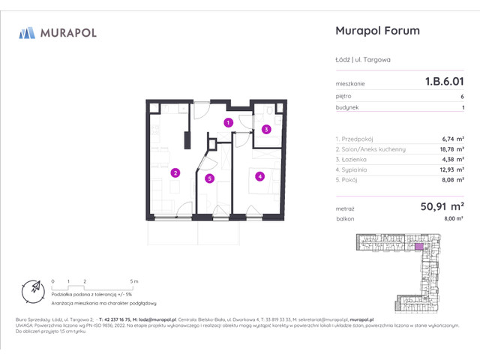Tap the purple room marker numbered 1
[x=228, y=122]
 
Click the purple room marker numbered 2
[x=175, y=172]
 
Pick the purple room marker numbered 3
[x=266, y=129]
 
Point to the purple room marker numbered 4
[x=259, y=177]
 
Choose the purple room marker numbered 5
[x=210, y=178]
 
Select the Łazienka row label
[x=355, y=159]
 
